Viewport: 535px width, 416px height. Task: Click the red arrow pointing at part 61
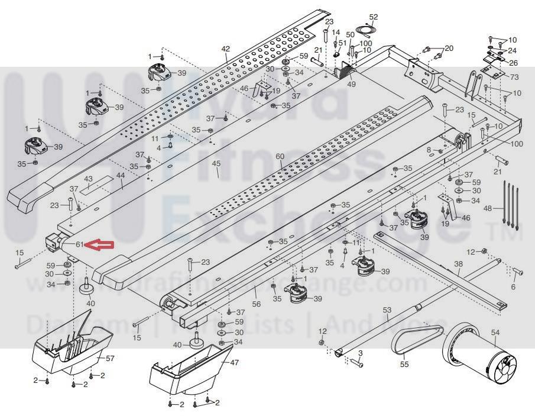(x=98, y=244)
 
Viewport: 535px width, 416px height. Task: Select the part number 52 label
(x=373, y=17)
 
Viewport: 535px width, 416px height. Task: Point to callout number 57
(x=110, y=359)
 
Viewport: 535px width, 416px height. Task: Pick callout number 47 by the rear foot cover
(x=235, y=362)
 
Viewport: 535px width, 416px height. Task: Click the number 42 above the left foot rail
(x=225, y=49)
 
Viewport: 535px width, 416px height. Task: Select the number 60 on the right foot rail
(x=280, y=156)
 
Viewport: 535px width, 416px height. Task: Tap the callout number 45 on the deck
(x=216, y=163)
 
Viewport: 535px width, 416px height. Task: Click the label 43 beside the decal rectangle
(x=89, y=179)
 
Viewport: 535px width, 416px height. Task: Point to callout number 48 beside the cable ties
(x=488, y=208)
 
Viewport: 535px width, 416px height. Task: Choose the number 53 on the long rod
(x=387, y=310)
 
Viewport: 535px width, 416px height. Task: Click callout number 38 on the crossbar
(x=458, y=264)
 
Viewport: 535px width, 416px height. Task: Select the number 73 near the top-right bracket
(x=514, y=78)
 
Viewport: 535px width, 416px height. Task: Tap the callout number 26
(x=513, y=63)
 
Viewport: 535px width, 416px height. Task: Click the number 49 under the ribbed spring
(x=352, y=84)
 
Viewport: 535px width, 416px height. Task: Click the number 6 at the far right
(x=513, y=286)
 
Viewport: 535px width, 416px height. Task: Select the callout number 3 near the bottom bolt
(x=360, y=353)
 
